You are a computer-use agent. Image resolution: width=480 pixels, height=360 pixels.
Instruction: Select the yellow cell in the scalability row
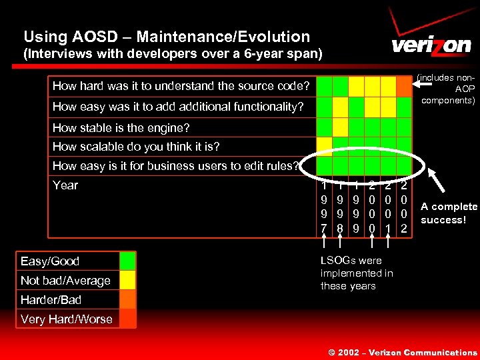[x=324, y=145]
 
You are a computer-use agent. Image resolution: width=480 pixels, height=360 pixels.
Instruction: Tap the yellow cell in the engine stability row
[x=340, y=127]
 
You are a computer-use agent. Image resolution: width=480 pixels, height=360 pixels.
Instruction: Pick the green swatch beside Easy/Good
[x=127, y=261]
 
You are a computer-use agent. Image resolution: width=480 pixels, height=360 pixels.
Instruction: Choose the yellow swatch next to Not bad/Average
[x=127, y=280]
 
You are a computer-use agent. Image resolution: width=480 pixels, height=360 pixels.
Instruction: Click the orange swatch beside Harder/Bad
[x=127, y=299]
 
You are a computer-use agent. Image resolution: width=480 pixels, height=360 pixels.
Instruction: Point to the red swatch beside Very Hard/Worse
[x=127, y=319]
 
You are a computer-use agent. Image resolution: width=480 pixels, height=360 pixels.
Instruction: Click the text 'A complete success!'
[x=449, y=213]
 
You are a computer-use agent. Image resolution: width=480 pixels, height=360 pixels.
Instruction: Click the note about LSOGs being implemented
[x=357, y=273]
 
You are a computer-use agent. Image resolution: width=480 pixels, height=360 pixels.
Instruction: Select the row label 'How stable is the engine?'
[x=121, y=127]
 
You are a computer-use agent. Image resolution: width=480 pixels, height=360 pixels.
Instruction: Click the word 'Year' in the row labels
[x=65, y=185]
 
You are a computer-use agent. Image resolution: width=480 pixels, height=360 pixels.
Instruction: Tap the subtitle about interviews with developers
[x=173, y=55]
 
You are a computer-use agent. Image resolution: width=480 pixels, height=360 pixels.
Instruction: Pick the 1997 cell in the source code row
[x=324, y=86]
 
